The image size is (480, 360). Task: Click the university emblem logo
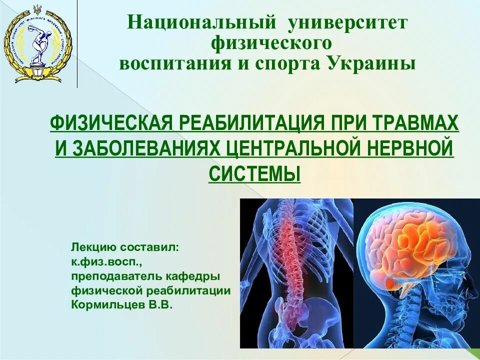[x=38, y=43]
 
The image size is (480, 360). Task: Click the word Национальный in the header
[x=201, y=22]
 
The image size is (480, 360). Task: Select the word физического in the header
[x=271, y=43]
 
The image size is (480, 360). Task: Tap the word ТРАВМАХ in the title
[x=411, y=123]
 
